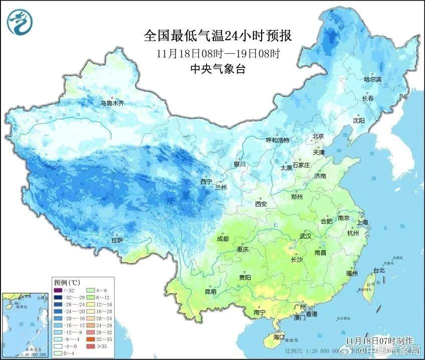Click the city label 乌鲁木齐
(x=112, y=103)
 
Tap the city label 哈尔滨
(x=372, y=80)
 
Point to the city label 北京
(x=319, y=136)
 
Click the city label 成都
(x=223, y=239)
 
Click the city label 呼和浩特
(x=277, y=140)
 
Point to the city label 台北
(x=379, y=270)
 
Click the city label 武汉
(x=305, y=236)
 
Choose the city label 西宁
(x=206, y=182)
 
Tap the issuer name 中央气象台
(x=218, y=69)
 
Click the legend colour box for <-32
(x=58, y=290)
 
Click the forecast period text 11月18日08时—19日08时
(x=218, y=53)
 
